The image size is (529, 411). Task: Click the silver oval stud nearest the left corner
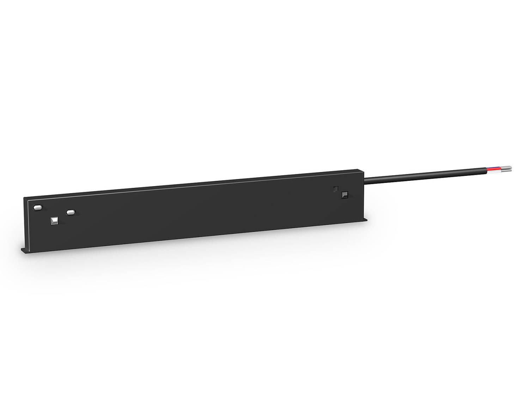(x=37, y=207)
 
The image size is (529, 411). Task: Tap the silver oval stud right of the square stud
(x=71, y=212)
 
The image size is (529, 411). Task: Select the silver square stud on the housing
(x=54, y=221)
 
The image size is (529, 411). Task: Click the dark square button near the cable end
(x=345, y=195)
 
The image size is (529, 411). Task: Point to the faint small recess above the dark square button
(x=336, y=189)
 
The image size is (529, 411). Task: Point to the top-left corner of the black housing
(x=24, y=198)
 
